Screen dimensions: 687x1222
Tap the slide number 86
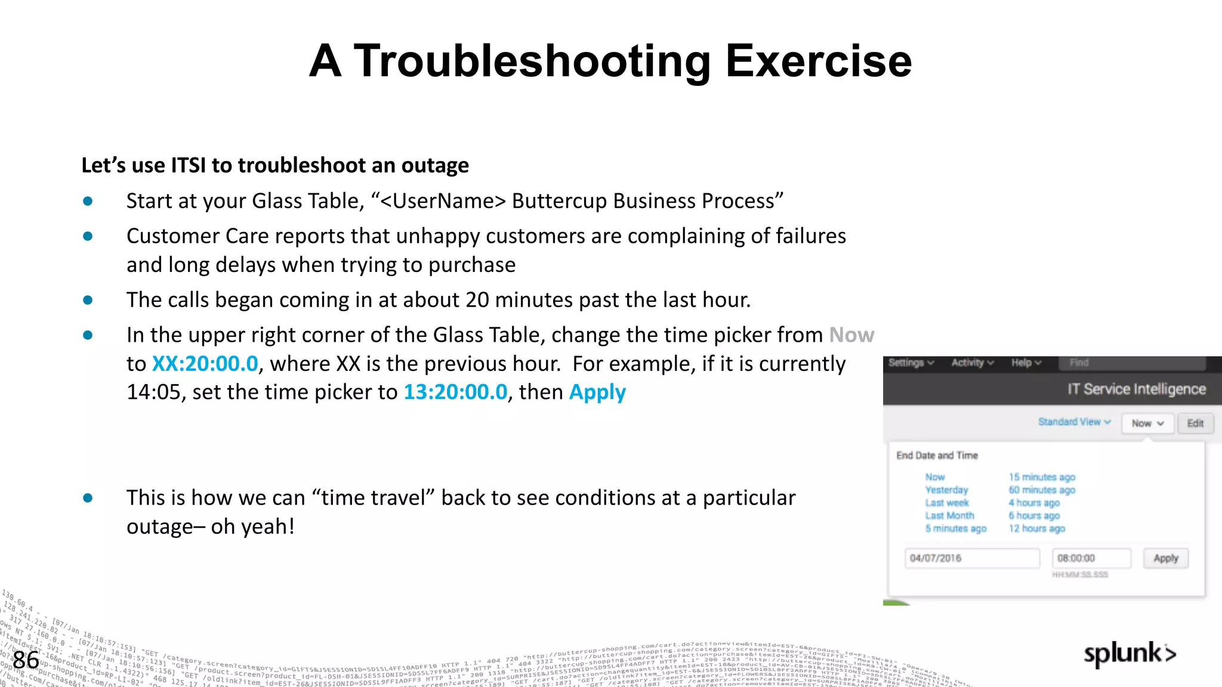click(26, 660)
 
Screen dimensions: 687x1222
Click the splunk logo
click(1130, 654)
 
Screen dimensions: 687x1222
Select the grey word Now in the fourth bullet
click(851, 335)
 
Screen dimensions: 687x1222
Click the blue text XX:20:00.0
click(205, 364)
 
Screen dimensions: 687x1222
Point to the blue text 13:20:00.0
click(455, 392)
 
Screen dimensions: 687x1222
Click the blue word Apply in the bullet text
click(597, 392)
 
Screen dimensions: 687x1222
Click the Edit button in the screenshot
click(1195, 423)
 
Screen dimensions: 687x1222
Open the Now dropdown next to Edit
click(1147, 423)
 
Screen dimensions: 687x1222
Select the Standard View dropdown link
click(1074, 422)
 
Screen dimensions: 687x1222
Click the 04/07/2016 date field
click(971, 558)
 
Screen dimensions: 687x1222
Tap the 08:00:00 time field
click(1091, 558)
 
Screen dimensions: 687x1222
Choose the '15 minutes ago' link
click(1042, 477)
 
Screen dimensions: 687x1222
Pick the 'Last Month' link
click(949, 516)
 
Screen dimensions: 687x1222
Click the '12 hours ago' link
click(1036, 528)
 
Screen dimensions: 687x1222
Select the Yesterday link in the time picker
click(946, 490)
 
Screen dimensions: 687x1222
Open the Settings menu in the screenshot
click(911, 363)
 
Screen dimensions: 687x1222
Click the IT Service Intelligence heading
click(1136, 389)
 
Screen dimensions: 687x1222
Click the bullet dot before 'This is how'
click(88, 498)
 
